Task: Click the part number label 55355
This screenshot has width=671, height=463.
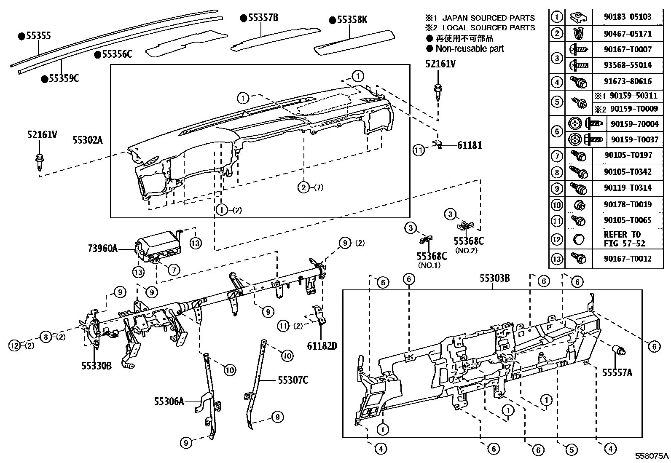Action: point(38,36)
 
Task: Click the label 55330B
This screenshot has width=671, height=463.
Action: point(97,366)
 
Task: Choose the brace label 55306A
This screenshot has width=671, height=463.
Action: point(169,401)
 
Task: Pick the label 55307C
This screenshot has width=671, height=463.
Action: point(293,380)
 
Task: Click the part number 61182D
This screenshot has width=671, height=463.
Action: point(322,346)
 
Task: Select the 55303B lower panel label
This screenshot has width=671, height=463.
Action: point(495,278)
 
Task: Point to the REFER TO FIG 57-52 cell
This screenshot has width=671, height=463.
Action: point(624,239)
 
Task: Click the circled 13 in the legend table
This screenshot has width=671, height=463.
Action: point(557,258)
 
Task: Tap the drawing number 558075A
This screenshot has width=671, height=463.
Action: point(652,456)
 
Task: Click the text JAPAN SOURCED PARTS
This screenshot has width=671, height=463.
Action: point(488,18)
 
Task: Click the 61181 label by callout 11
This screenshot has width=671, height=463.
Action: point(470,145)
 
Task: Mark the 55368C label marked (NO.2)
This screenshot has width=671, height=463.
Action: point(468,241)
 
